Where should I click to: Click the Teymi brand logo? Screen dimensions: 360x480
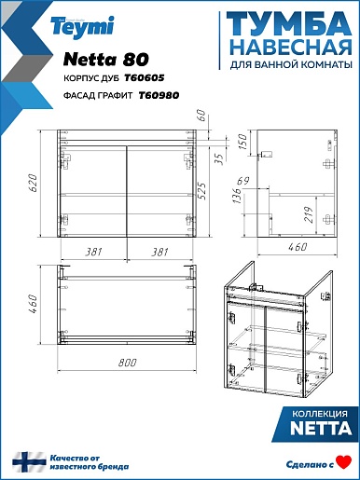(x=82, y=27)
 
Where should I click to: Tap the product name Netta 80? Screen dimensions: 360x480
(x=106, y=60)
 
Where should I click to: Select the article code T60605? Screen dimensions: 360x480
(x=145, y=77)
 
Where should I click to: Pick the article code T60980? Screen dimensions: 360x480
(x=159, y=95)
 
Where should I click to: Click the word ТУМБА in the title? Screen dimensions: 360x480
(x=289, y=24)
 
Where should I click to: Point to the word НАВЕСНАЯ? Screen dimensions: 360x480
(x=292, y=48)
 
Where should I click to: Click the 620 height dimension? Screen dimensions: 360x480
(x=34, y=183)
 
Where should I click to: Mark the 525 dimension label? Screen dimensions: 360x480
(x=202, y=191)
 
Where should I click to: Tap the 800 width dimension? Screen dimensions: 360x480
(x=128, y=363)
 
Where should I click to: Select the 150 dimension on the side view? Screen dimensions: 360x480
(x=242, y=142)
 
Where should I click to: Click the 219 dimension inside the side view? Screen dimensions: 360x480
(x=309, y=214)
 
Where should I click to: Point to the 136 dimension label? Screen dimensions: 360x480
(x=237, y=195)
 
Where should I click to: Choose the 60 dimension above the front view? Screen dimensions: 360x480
(x=201, y=115)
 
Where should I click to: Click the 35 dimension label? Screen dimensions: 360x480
(x=219, y=159)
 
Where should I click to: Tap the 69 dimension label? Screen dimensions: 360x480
(x=243, y=181)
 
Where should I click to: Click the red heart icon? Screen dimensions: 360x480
(x=344, y=461)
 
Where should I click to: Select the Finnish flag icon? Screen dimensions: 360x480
(x=29, y=462)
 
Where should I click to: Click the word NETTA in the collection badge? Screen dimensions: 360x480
(x=321, y=428)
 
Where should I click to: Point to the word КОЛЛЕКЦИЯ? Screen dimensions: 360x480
(x=320, y=414)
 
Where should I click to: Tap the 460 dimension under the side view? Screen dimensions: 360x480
(x=298, y=247)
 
